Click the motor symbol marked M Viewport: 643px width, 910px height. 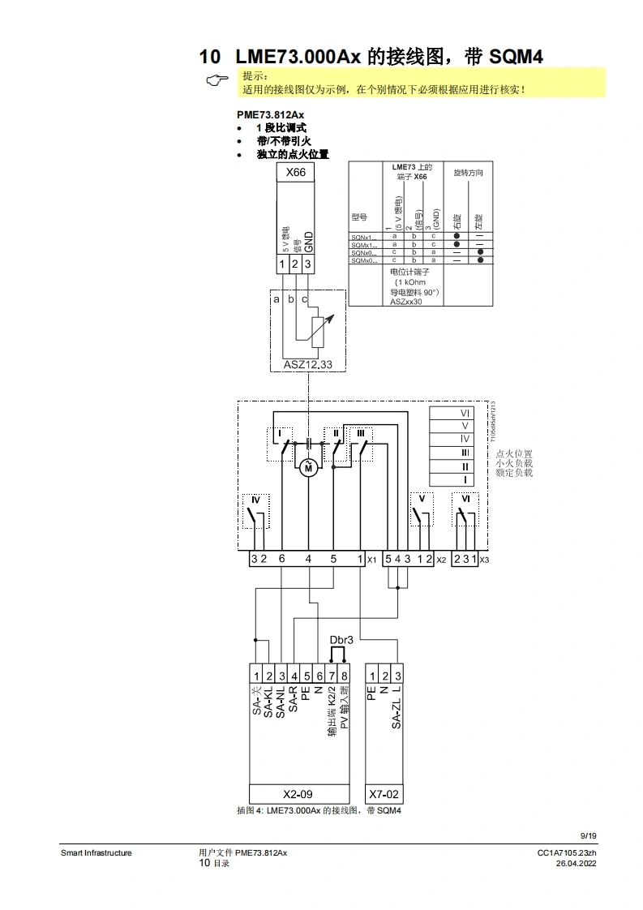tap(307, 467)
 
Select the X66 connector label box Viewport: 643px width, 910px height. tap(296, 173)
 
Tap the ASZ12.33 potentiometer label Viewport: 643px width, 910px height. tap(307, 365)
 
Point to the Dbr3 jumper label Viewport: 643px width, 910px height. tap(341, 640)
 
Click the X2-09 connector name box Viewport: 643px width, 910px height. tap(298, 794)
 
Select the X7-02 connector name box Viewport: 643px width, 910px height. tap(384, 794)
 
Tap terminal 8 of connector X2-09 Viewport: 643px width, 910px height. tap(345, 676)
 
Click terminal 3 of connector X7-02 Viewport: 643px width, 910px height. tap(397, 676)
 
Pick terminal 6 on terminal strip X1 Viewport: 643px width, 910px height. tap(281, 559)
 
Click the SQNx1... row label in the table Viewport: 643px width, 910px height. tap(364, 236)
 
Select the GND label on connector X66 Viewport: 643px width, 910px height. tap(308, 243)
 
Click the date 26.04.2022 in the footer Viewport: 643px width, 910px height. tap(577, 864)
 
